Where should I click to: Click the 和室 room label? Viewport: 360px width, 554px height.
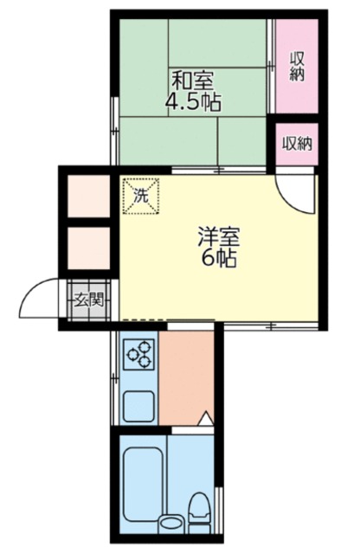[x=192, y=81]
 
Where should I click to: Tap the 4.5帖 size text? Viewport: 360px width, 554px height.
[x=193, y=102]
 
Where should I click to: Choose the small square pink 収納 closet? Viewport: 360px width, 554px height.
[x=297, y=144]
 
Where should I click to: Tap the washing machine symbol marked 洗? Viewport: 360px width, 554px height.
[x=140, y=196]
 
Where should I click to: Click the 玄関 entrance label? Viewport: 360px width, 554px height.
[x=88, y=300]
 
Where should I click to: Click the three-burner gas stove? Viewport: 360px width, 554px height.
[x=138, y=354]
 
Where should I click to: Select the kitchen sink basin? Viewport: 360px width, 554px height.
[x=138, y=406]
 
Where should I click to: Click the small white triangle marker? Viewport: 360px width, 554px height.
[x=206, y=418]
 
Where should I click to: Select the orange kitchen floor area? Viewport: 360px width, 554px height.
[x=186, y=378]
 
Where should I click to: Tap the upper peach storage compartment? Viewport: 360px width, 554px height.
[x=88, y=196]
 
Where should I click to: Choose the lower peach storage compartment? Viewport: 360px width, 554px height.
[x=88, y=248]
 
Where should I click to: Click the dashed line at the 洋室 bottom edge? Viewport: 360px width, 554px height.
[x=145, y=320]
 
